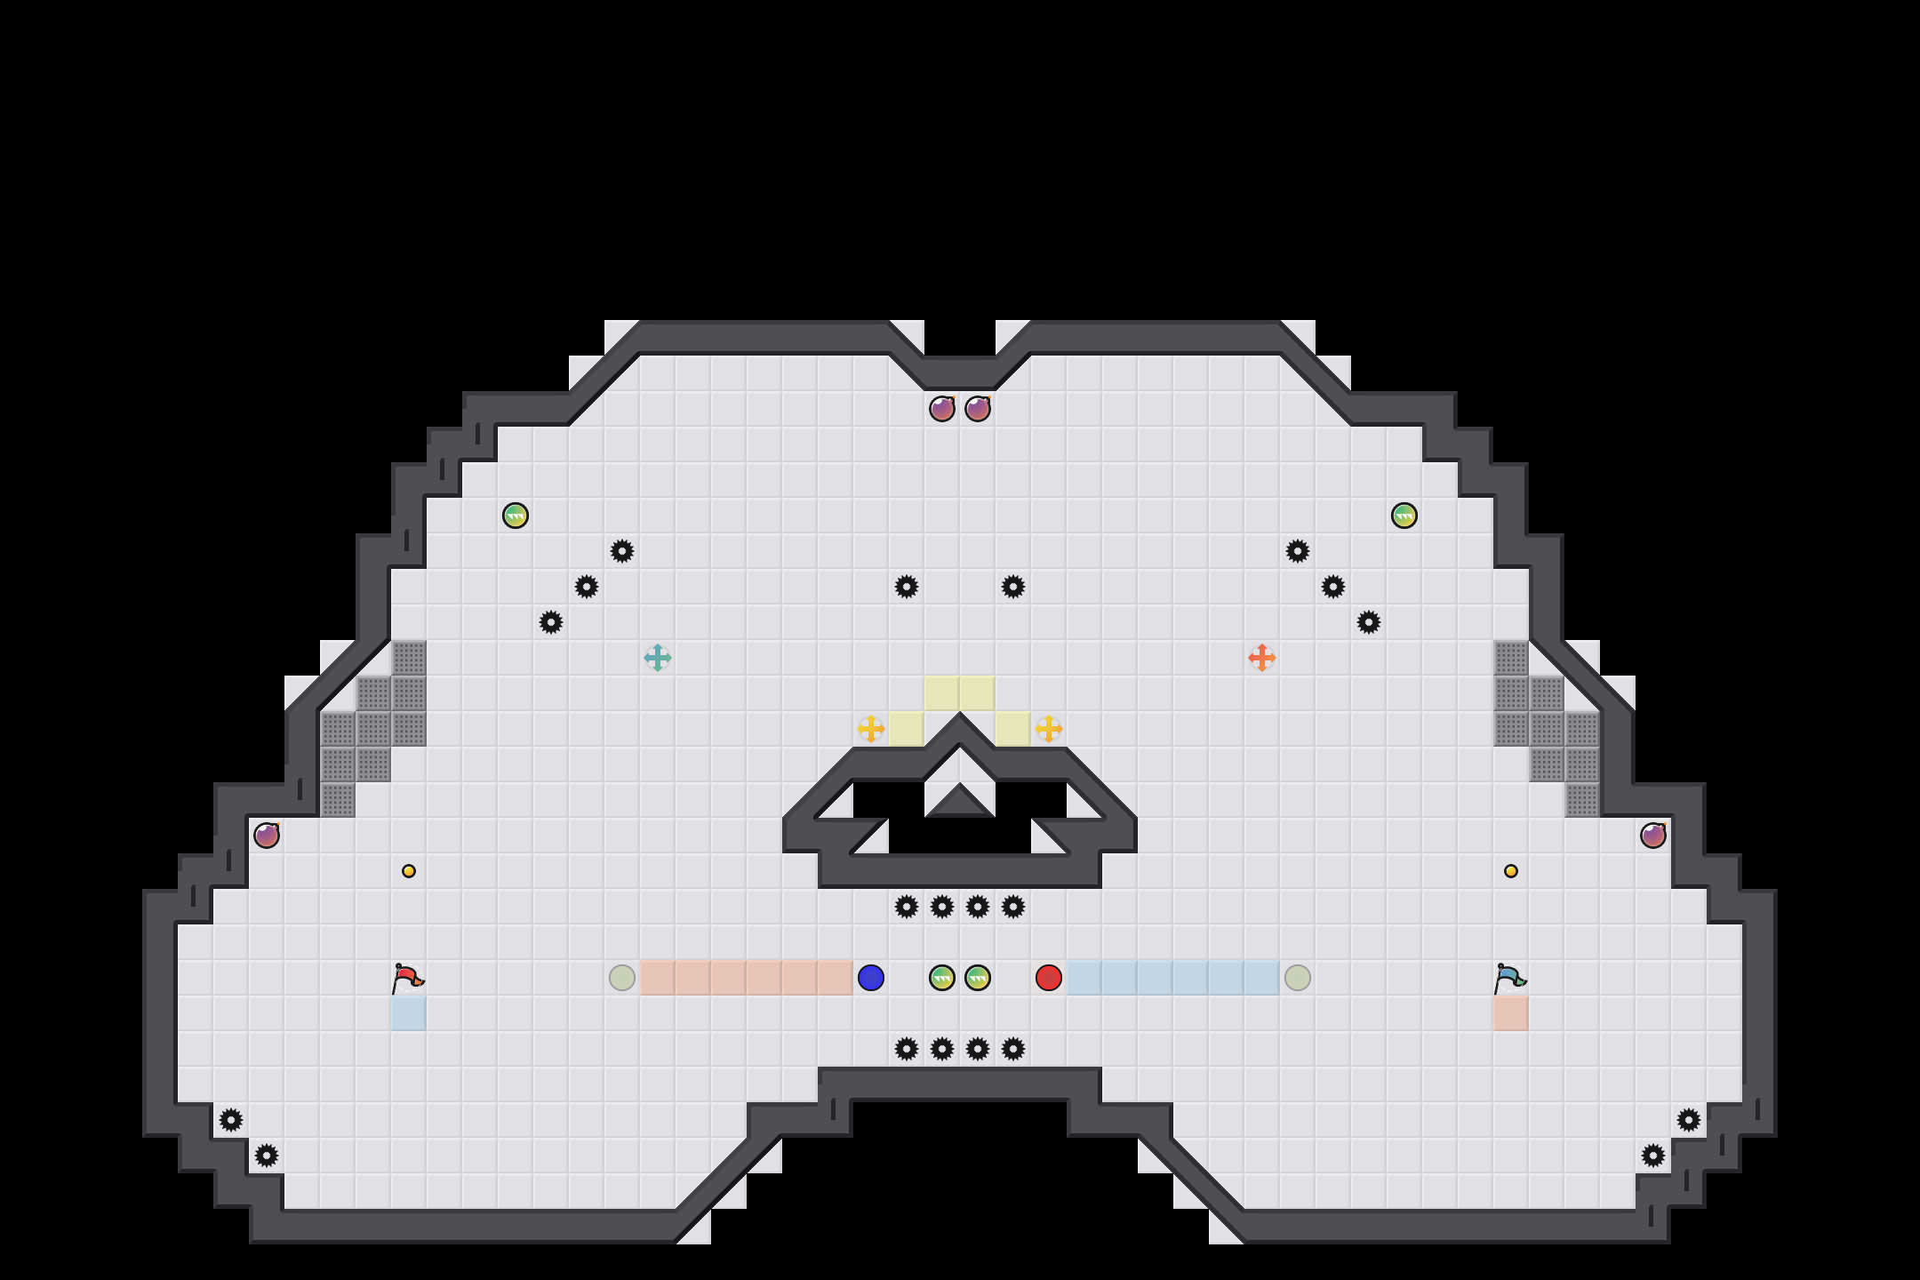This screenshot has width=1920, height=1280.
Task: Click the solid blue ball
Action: (871, 978)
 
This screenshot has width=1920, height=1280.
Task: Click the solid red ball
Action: (1049, 978)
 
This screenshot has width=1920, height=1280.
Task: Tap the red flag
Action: (408, 978)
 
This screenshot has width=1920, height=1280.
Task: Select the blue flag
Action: (1509, 978)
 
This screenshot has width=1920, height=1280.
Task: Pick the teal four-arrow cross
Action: (658, 658)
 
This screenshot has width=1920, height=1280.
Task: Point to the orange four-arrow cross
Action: (1262, 658)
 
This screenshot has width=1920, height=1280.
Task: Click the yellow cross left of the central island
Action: (871, 729)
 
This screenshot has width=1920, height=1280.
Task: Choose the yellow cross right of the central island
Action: (1049, 729)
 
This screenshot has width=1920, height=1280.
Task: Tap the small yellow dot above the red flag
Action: (409, 871)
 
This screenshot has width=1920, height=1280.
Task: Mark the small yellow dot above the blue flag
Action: (1511, 871)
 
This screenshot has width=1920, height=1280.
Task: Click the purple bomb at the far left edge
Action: (267, 836)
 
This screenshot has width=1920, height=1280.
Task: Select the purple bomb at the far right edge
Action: (1653, 836)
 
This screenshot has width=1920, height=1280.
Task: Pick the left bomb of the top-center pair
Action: (942, 409)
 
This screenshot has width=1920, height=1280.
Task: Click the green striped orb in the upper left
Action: (516, 516)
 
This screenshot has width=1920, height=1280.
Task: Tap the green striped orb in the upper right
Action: (1404, 516)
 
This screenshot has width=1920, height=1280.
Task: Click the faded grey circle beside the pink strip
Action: (622, 978)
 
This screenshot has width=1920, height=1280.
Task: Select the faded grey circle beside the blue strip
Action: (1298, 978)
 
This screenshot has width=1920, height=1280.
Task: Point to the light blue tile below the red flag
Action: (409, 1013)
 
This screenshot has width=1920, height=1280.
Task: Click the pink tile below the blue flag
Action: (1511, 1013)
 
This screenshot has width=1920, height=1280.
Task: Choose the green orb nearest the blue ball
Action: (942, 978)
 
